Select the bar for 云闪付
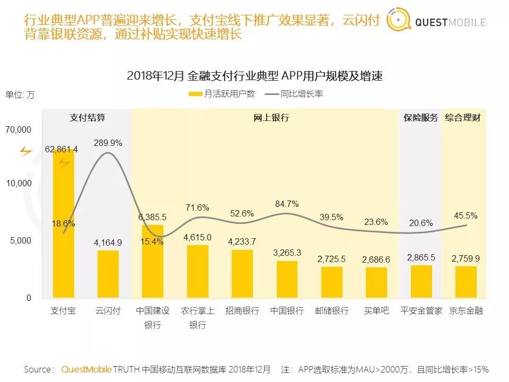click(x=108, y=274)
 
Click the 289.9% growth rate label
click(x=108, y=143)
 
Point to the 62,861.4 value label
click(x=62, y=150)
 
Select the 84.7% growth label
click(x=287, y=204)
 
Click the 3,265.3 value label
click(x=287, y=253)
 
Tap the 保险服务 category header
click(x=420, y=118)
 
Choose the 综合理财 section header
click(x=463, y=118)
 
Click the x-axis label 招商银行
click(x=242, y=311)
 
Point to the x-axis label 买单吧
click(x=376, y=311)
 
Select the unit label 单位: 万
click(x=20, y=95)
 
